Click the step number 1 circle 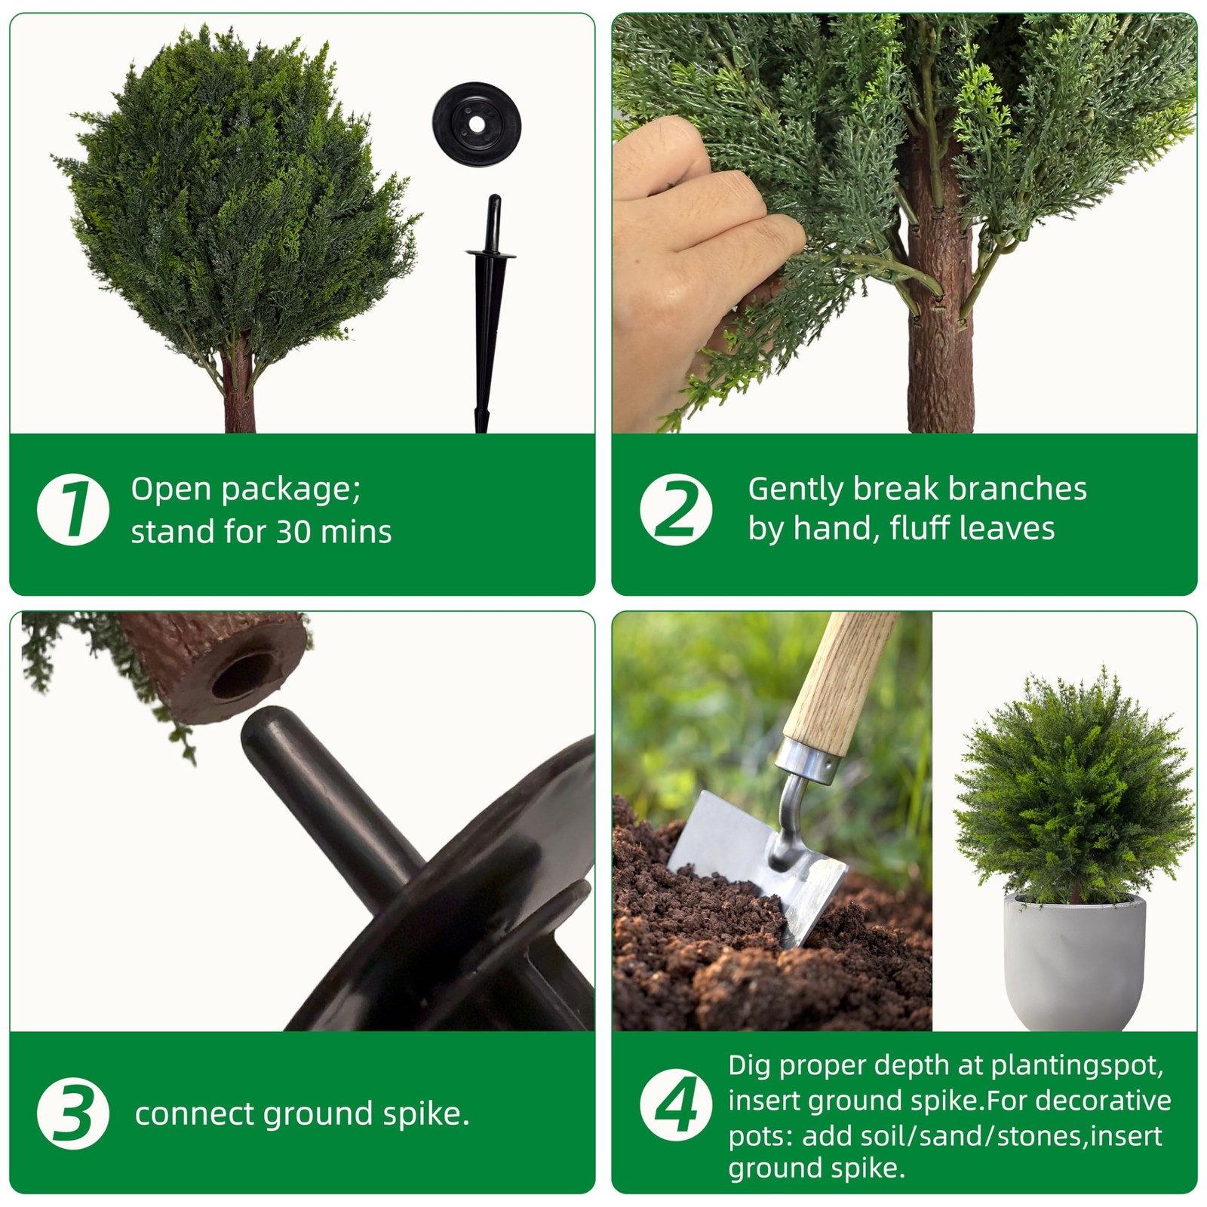tap(73, 509)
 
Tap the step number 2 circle tap(676, 509)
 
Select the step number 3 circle tap(73, 1113)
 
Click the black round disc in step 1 tap(477, 121)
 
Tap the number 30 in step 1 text tap(294, 533)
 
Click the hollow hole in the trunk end tap(243, 674)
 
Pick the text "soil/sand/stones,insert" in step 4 tap(982, 1136)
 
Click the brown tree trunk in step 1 tap(240, 385)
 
